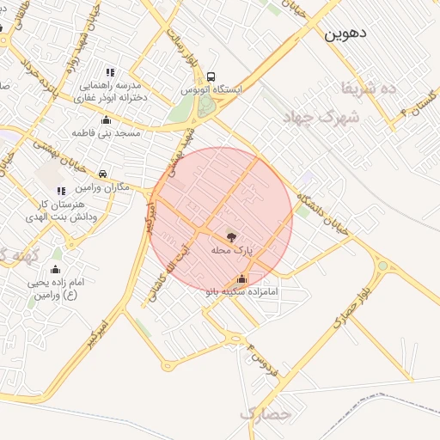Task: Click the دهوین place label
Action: [x=346, y=34]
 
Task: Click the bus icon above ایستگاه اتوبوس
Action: [x=211, y=75]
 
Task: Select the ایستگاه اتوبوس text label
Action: [x=211, y=89]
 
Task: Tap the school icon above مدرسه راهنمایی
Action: [x=109, y=72]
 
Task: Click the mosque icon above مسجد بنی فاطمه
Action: [x=106, y=119]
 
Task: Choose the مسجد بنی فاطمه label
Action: [x=106, y=133]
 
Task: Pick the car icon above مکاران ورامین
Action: [x=103, y=174]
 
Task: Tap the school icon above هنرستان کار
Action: [x=59, y=191]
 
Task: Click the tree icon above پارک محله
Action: [x=231, y=236]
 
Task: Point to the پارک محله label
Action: [x=231, y=250]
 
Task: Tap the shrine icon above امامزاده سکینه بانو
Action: [x=241, y=278]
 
